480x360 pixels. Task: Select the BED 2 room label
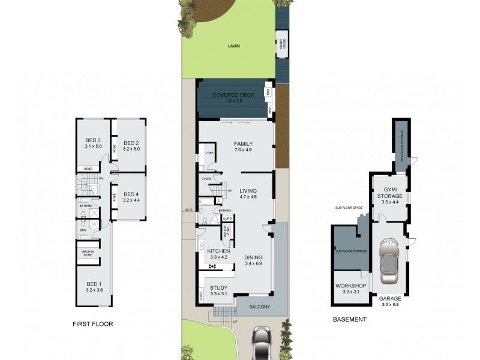click(x=131, y=142)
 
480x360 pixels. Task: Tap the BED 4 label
click(x=131, y=194)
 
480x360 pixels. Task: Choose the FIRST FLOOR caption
click(x=92, y=324)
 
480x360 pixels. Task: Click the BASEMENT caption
click(x=349, y=320)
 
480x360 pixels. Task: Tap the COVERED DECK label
click(x=233, y=95)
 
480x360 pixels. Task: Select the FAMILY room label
click(x=243, y=144)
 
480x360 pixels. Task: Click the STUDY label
click(x=218, y=287)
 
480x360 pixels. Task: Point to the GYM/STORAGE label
click(x=389, y=193)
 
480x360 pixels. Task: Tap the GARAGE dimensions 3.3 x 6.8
click(x=390, y=304)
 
